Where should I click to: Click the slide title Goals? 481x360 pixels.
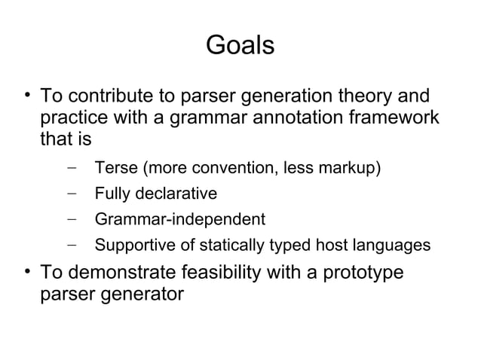[x=240, y=46]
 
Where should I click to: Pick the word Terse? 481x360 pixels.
[x=113, y=167]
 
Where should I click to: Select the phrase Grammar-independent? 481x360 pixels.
[x=179, y=220]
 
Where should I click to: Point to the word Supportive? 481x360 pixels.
[x=132, y=246]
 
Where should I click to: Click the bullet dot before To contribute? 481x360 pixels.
[x=26, y=96]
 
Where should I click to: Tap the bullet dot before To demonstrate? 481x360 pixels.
[x=26, y=270]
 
